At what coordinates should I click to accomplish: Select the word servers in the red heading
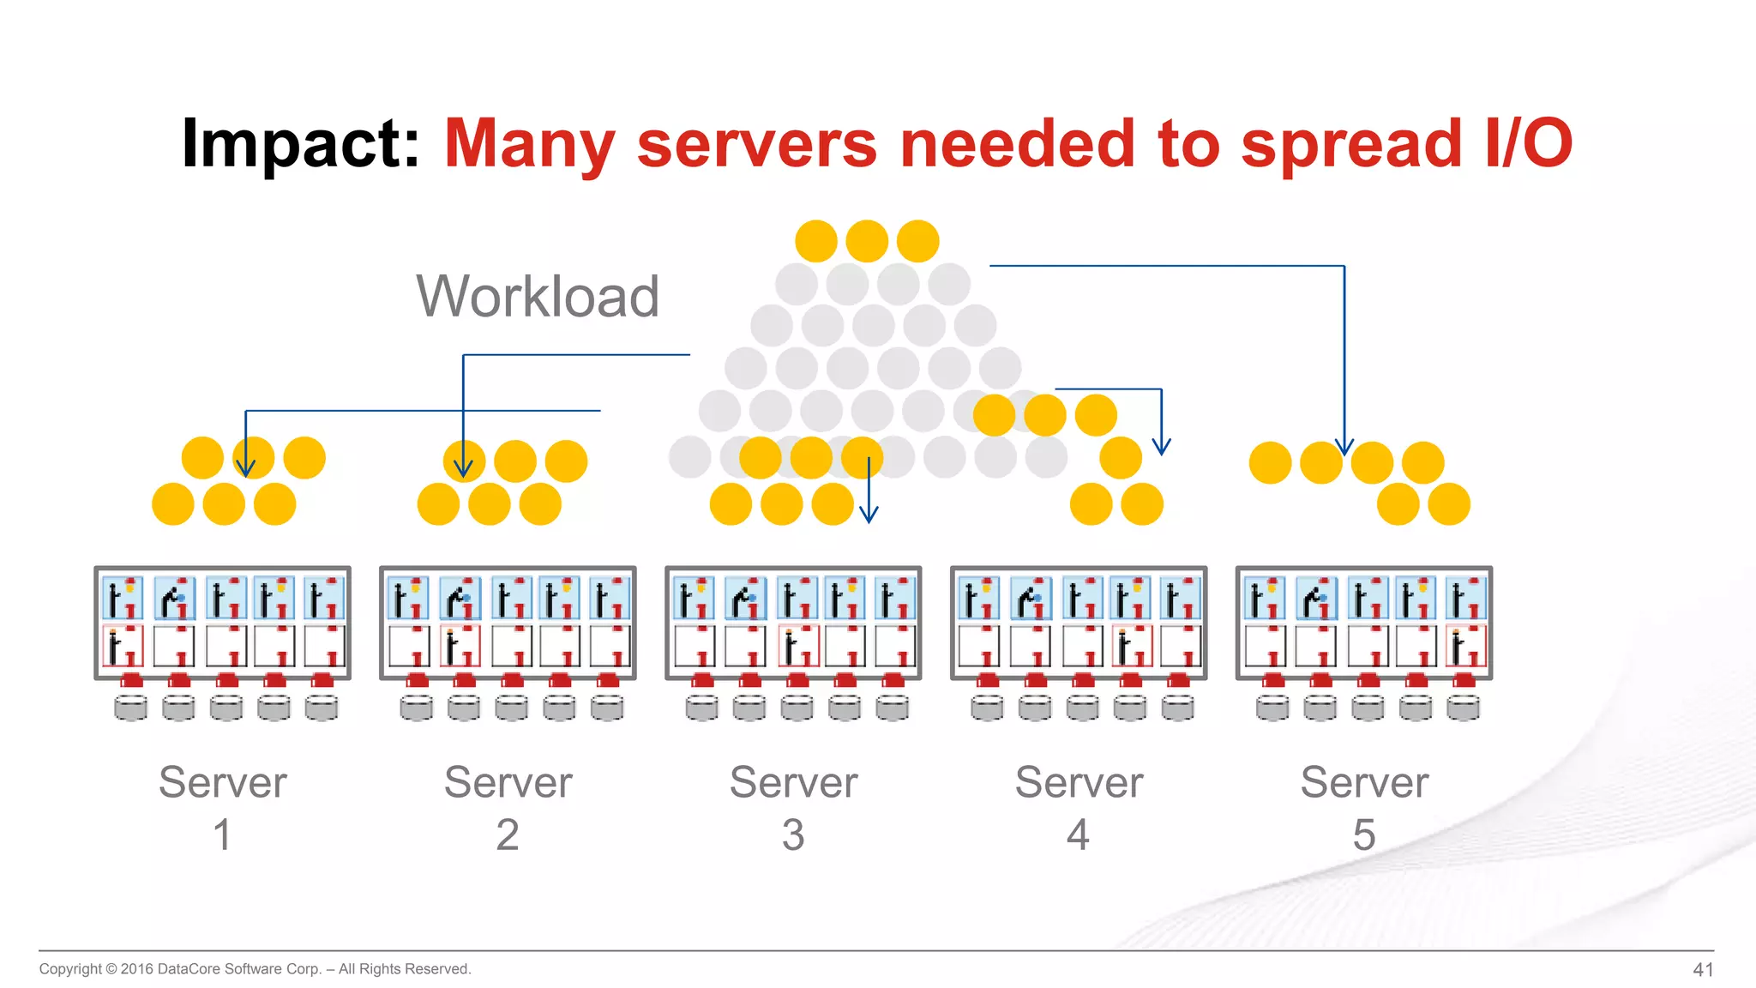click(x=756, y=144)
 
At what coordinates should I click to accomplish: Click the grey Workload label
click(x=538, y=297)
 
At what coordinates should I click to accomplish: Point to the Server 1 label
click(x=222, y=806)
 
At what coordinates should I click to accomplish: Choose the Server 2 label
click(x=508, y=806)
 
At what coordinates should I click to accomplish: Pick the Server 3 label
click(x=793, y=806)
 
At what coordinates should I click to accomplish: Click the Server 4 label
click(x=1079, y=806)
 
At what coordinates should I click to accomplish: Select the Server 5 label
click(x=1364, y=806)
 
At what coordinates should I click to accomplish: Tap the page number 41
click(x=1703, y=969)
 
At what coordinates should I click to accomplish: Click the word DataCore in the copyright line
click(x=189, y=969)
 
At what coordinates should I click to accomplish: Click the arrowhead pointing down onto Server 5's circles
click(x=1344, y=448)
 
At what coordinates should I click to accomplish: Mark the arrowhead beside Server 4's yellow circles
click(x=1162, y=447)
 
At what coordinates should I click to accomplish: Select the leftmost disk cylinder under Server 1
click(x=130, y=708)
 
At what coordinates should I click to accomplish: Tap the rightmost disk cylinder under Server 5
click(x=1463, y=708)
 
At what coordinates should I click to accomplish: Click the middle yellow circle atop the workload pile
click(x=867, y=241)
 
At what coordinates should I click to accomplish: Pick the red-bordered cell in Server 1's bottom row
click(x=123, y=646)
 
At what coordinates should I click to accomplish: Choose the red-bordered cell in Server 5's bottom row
click(x=1465, y=646)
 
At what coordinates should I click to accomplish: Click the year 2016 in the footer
click(x=136, y=969)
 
